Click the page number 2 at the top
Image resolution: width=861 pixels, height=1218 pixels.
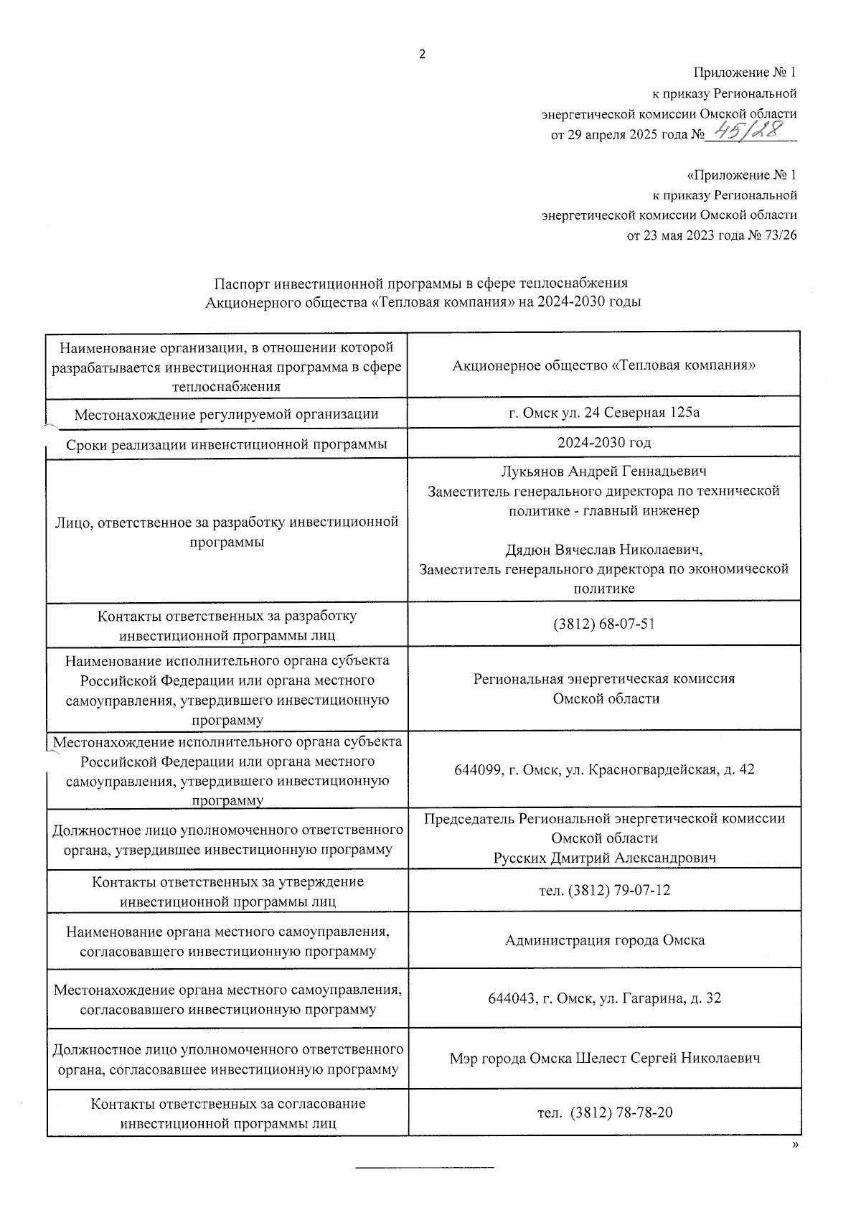click(x=422, y=55)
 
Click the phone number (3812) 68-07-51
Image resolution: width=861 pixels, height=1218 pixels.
click(x=603, y=624)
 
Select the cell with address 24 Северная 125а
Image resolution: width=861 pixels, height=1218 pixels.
click(x=603, y=413)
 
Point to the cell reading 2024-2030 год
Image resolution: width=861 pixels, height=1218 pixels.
click(x=604, y=443)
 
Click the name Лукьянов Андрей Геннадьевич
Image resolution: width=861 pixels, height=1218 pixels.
click(x=603, y=472)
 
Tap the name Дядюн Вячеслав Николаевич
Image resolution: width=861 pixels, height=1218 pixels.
click(x=603, y=550)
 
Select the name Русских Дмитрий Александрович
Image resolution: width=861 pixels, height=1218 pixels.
click(x=604, y=858)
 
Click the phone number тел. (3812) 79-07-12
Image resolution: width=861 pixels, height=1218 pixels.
click(x=604, y=891)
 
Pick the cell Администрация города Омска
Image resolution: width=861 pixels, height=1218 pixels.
click(x=604, y=940)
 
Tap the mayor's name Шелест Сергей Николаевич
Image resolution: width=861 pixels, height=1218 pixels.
click(x=667, y=1058)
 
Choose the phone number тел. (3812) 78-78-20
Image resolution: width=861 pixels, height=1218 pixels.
click(x=605, y=1113)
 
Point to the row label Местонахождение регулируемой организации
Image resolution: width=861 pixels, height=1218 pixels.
click(x=227, y=414)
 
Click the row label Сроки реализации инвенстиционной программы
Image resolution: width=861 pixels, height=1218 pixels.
click(x=227, y=444)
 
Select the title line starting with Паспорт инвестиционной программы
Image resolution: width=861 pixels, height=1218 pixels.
click(x=422, y=283)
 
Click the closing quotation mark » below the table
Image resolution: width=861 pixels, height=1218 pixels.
click(x=795, y=1146)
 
